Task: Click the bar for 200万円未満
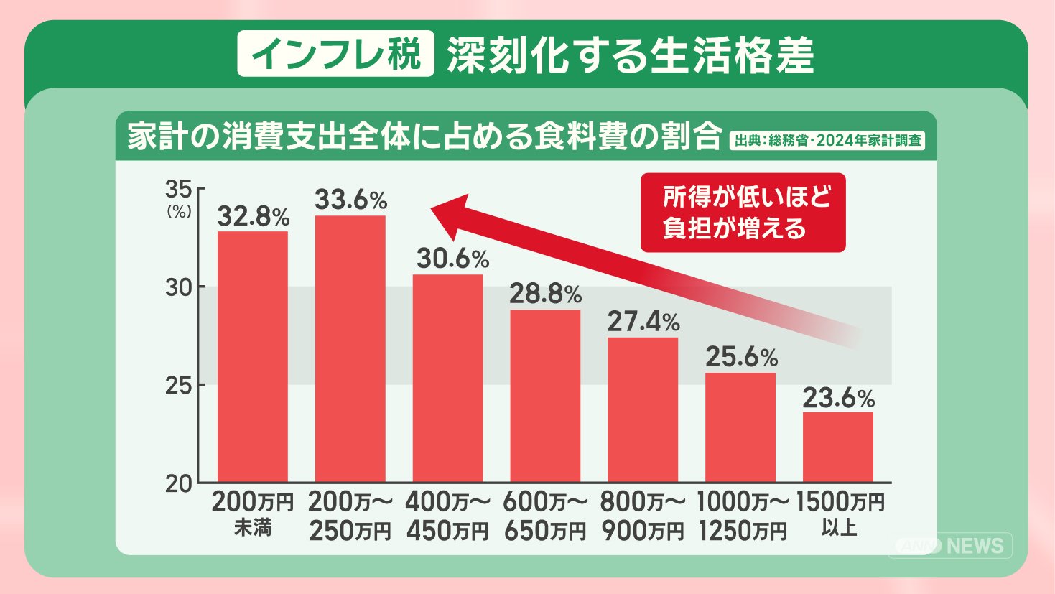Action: pyautogui.click(x=253, y=356)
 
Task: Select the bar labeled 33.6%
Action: pyautogui.click(x=350, y=348)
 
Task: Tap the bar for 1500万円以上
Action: pyautogui.click(x=838, y=447)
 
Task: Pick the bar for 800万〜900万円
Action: pyautogui.click(x=643, y=409)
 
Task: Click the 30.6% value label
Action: pyautogui.click(x=452, y=259)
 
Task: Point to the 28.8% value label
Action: pyautogui.click(x=545, y=294)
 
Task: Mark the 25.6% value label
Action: pyautogui.click(x=741, y=357)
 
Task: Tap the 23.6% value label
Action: pyautogui.click(x=838, y=397)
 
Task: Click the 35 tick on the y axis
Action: pyautogui.click(x=179, y=190)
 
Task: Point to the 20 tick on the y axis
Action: pyautogui.click(x=179, y=484)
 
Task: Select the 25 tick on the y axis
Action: pyautogui.click(x=179, y=386)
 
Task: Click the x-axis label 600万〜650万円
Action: pyautogui.click(x=545, y=516)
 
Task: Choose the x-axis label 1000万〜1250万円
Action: pyautogui.click(x=742, y=516)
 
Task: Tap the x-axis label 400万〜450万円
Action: pyautogui.click(x=447, y=516)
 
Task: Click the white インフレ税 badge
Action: pyautogui.click(x=336, y=54)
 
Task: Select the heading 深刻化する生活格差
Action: pyautogui.click(x=631, y=55)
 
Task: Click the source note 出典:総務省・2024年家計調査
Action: pyautogui.click(x=827, y=140)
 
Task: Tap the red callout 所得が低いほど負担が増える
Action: pyautogui.click(x=743, y=213)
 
